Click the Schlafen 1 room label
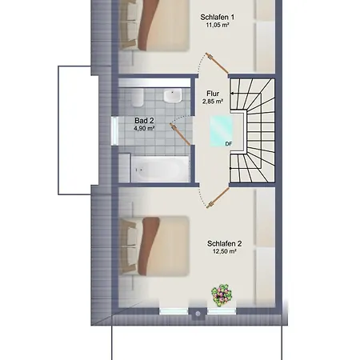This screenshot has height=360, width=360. pyautogui.click(x=218, y=18)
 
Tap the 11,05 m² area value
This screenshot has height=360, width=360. pyautogui.click(x=218, y=26)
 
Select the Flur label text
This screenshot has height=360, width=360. pyautogui.click(x=213, y=94)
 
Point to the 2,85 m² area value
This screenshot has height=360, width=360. pyautogui.click(x=213, y=102)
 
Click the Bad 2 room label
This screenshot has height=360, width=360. pyautogui.click(x=144, y=121)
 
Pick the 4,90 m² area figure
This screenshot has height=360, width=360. pyautogui.click(x=144, y=129)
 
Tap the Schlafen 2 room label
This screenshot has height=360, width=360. pyautogui.click(x=225, y=244)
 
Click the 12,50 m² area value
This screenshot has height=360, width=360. pyautogui.click(x=225, y=251)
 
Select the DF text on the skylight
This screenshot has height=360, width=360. pyautogui.click(x=229, y=144)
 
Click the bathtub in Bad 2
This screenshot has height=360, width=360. pyautogui.click(x=160, y=169)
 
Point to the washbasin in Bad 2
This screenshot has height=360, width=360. pyautogui.click(x=173, y=96)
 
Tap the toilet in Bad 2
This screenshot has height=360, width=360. pyautogui.click(x=138, y=98)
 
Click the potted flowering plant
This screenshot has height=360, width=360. pyautogui.click(x=222, y=295)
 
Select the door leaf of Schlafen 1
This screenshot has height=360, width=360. pyautogui.click(x=217, y=63)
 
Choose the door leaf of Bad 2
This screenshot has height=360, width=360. pyautogui.click(x=180, y=134)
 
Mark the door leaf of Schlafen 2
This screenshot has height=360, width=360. pyautogui.click(x=218, y=198)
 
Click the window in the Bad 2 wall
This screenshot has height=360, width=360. pyautogui.click(x=114, y=131)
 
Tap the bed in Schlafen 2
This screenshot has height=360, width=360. pyautogui.click(x=154, y=246)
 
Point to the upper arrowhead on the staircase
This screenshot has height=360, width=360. pyautogui.click(x=232, y=94)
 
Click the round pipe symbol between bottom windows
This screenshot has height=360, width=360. pyautogui.click(x=198, y=314)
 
